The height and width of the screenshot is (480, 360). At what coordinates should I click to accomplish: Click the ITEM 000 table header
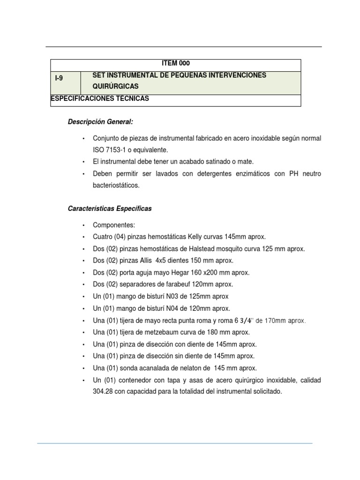(x=176, y=64)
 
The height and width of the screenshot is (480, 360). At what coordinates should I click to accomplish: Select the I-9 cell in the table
(x=59, y=78)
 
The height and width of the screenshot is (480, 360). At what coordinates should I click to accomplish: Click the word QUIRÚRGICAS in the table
(x=115, y=87)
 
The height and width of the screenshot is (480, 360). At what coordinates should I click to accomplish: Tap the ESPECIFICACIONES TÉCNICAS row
(x=99, y=98)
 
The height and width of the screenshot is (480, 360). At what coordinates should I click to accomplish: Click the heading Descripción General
(x=100, y=122)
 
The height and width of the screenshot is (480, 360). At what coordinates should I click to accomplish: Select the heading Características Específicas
(x=110, y=209)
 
